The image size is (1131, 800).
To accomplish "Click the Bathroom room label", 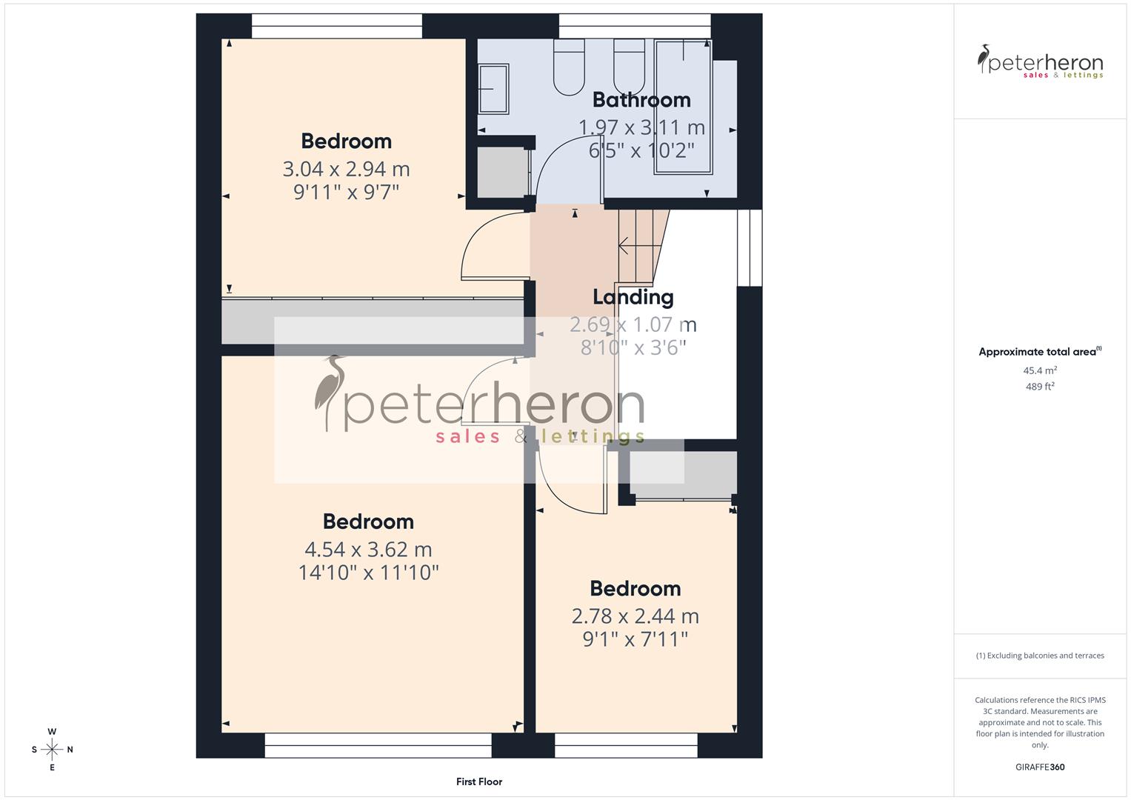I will point(641,100).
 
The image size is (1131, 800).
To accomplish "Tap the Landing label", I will point(633,297).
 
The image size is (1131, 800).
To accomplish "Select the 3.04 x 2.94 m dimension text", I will point(346,169).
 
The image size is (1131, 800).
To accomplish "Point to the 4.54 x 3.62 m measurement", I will point(368,550).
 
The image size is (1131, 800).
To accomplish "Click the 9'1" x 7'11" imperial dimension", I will point(635,639).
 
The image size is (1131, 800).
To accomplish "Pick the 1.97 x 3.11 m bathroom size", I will point(641,127).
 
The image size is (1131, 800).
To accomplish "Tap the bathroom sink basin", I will point(493,88).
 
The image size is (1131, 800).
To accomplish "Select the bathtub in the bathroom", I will point(683,107).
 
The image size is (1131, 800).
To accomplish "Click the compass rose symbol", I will point(52,750).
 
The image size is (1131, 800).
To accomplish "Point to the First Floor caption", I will point(479,781).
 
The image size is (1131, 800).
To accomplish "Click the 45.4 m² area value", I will point(1040,370).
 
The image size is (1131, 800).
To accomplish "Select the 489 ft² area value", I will point(1040,387).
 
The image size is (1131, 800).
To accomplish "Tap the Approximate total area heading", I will point(1039,352).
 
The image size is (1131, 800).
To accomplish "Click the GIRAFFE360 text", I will point(1040,767).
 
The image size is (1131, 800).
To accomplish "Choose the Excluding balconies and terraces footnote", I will point(1040,656).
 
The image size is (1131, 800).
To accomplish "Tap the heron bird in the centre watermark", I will point(330,393).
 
